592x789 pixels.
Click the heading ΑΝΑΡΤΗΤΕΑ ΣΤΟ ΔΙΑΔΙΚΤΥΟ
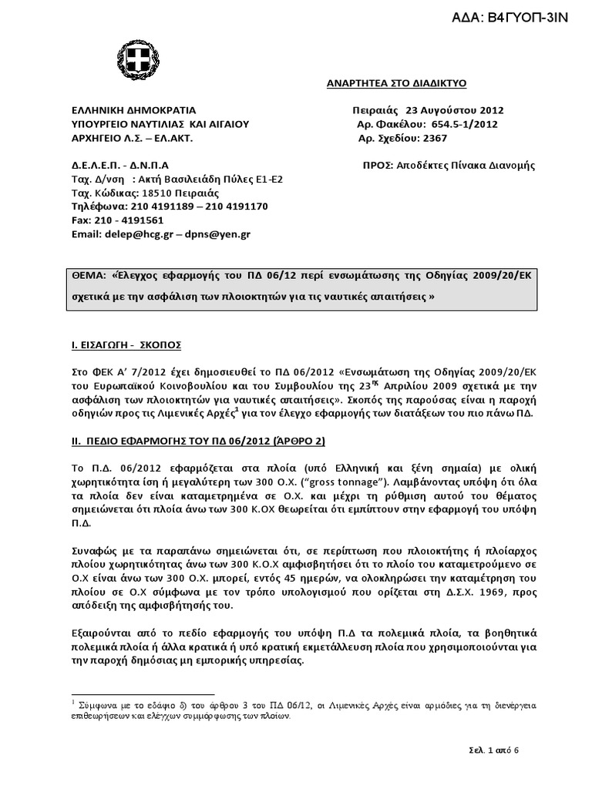392,82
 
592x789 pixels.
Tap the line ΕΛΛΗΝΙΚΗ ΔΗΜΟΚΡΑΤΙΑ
123,109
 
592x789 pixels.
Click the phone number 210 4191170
229,206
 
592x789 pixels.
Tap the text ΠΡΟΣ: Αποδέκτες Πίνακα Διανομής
459,165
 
